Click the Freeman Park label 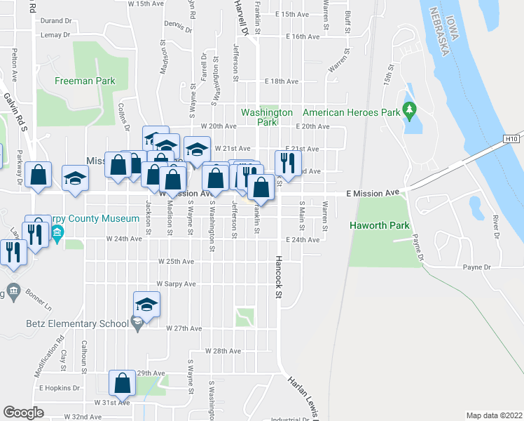pos(85,81)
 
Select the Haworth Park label pos(378,226)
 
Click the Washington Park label pos(266,117)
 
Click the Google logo pos(23,412)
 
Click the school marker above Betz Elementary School pos(146,305)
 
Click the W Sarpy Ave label pos(176,284)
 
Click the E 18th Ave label pos(282,81)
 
